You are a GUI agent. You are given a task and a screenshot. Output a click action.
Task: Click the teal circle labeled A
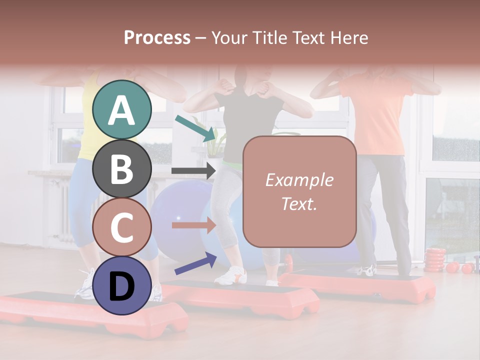click(122, 109)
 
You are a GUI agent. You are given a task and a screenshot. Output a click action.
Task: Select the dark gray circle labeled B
click(122, 168)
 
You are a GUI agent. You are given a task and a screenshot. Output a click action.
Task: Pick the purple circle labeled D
click(122, 285)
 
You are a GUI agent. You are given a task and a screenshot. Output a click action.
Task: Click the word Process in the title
click(157, 37)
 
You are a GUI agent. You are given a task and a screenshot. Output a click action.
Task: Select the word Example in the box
click(299, 180)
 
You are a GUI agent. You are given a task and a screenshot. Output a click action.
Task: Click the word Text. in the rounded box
click(299, 203)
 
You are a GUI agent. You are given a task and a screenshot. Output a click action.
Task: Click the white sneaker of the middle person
click(230, 275)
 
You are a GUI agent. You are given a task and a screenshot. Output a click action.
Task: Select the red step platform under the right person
click(360, 285)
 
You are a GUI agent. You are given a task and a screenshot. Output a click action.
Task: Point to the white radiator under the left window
click(62, 210)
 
